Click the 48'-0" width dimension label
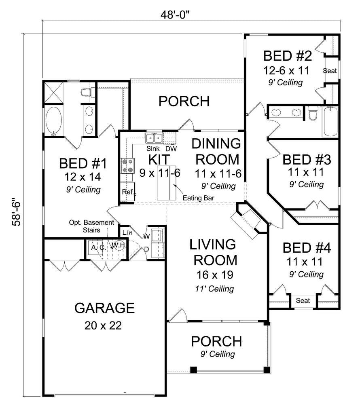pyautogui.click(x=175, y=15)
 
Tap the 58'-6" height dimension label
pyautogui.click(x=16, y=212)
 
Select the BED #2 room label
pyautogui.click(x=287, y=56)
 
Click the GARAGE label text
pyautogui.click(x=105, y=308)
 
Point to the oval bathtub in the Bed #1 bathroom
pyautogui.click(x=54, y=121)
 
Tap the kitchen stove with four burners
pyautogui.click(x=128, y=166)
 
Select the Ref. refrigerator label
pyautogui.click(x=128, y=192)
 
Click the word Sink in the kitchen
pyautogui.click(x=153, y=148)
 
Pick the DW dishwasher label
pyautogui.click(x=171, y=149)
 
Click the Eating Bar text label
pyautogui.click(x=198, y=198)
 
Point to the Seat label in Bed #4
pyautogui.click(x=303, y=300)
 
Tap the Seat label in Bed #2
pyautogui.click(x=330, y=71)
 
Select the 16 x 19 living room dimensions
pyautogui.click(x=215, y=275)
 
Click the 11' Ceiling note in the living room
pyautogui.click(x=214, y=289)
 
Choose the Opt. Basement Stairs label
pyautogui.click(x=91, y=226)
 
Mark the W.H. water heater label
pyautogui.click(x=119, y=245)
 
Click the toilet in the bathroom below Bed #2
pyautogui.click(x=313, y=113)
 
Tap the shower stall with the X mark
pyautogui.click(x=54, y=93)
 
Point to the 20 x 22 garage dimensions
pyautogui.click(x=103, y=325)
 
